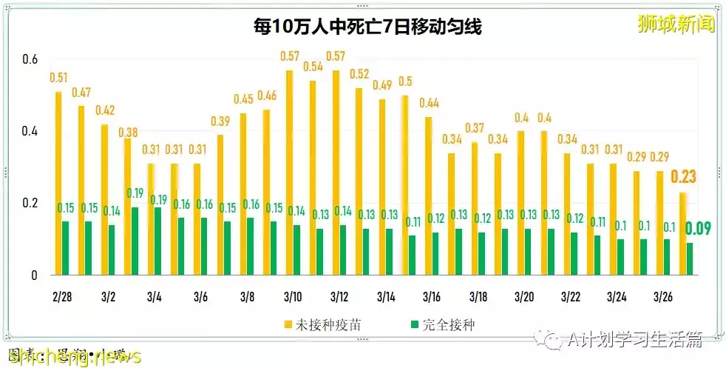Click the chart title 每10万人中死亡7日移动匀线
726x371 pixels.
point(363,28)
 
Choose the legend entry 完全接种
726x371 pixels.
point(443,324)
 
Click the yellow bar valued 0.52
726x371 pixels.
point(359,181)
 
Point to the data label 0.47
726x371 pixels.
point(81,93)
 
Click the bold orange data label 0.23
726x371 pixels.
point(684,177)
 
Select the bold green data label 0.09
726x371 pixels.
point(699,229)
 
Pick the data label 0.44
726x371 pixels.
point(430,103)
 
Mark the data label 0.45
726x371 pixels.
point(244,99)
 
